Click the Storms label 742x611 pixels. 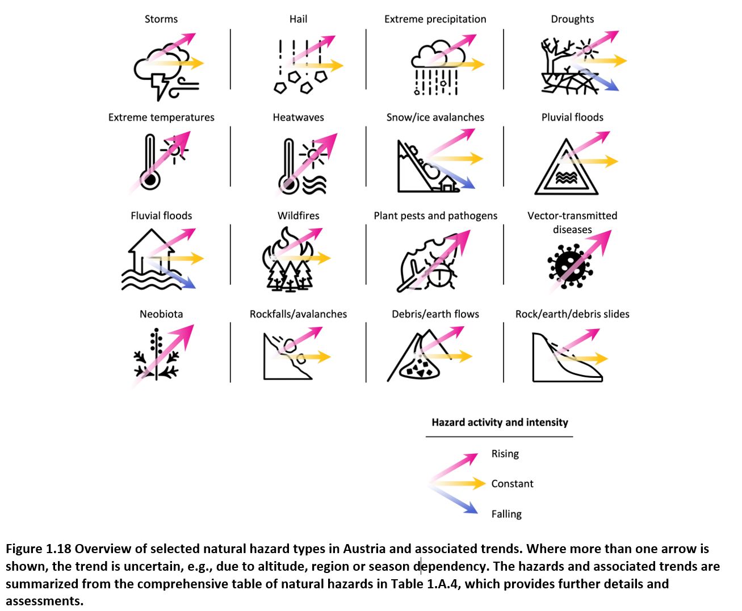(161, 19)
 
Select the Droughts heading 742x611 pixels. (572, 19)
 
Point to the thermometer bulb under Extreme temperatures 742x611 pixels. (150, 180)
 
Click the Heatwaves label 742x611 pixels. (298, 117)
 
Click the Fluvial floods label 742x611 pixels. (161, 216)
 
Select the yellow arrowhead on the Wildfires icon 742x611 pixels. (324, 258)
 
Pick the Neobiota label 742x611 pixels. (161, 314)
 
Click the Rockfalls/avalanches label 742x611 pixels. (298, 314)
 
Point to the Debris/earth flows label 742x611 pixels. (435, 314)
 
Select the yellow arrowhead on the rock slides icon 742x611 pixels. (601, 359)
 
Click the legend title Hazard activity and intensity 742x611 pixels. (500, 422)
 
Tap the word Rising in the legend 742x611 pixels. (505, 454)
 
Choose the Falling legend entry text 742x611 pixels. (506, 514)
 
